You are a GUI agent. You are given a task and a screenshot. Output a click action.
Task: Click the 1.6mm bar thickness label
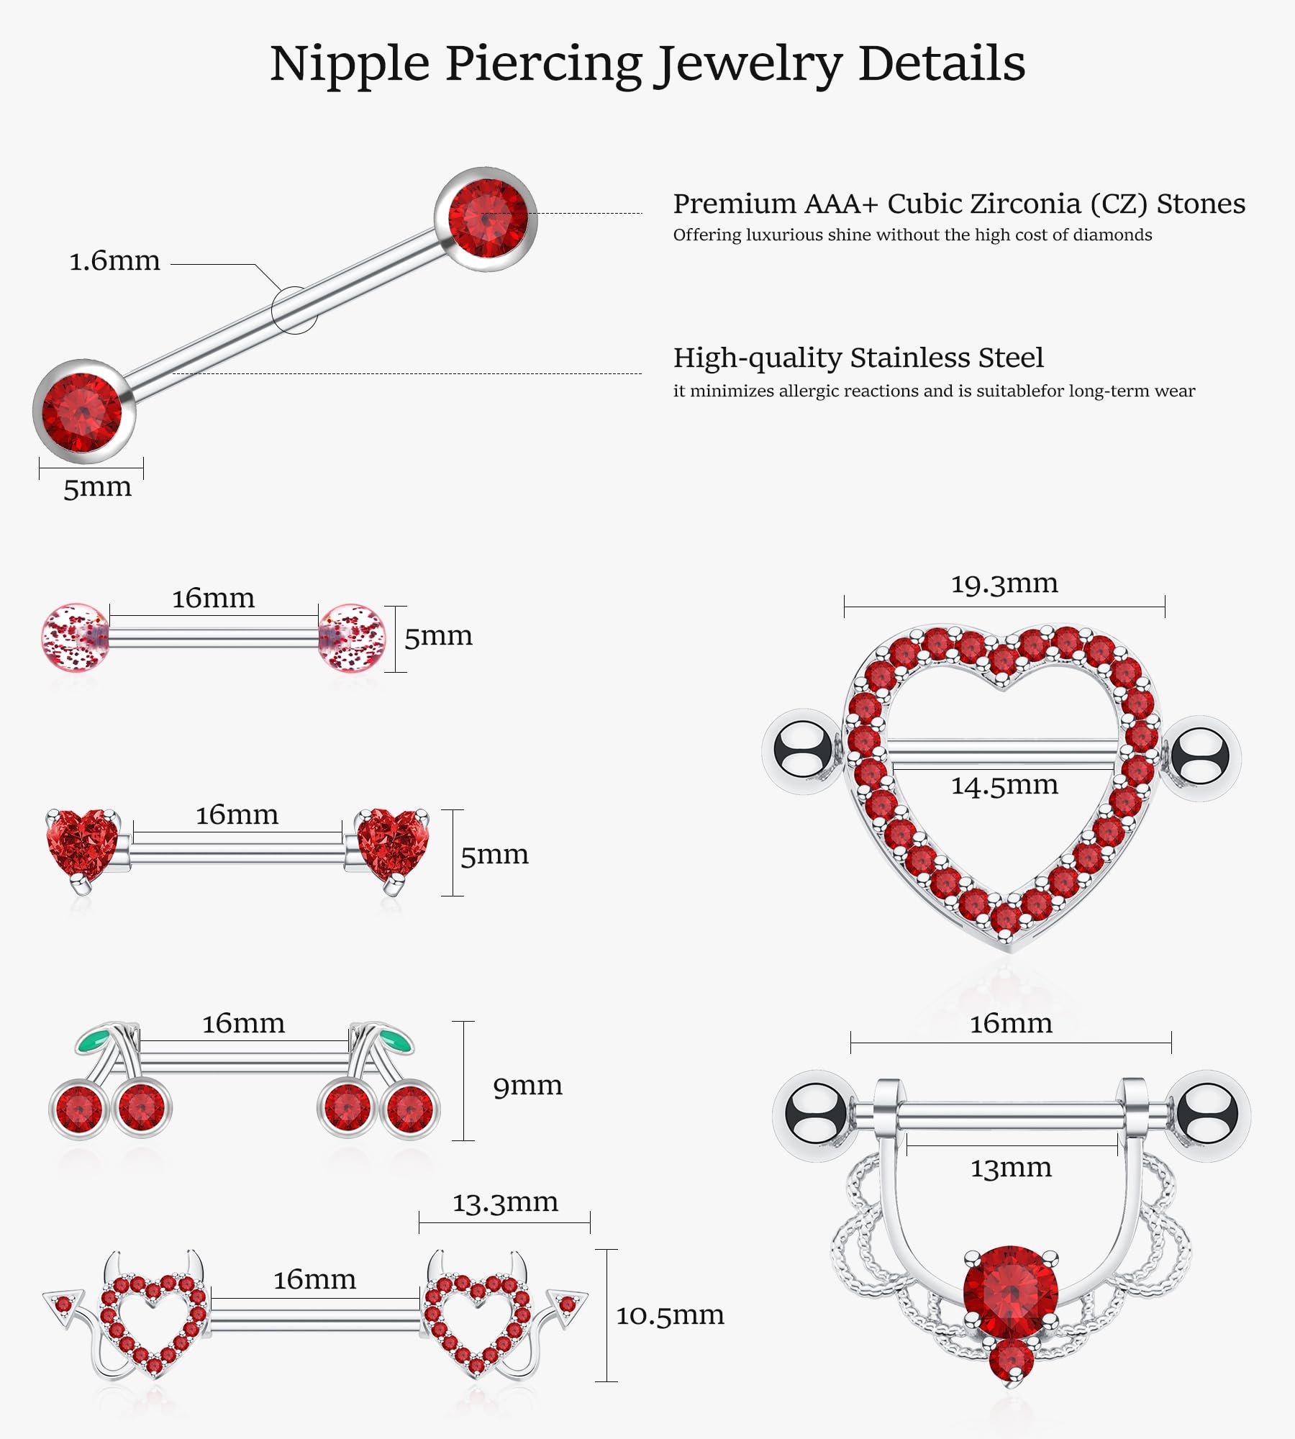coord(114,261)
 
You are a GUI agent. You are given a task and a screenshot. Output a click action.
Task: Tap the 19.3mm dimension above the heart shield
coord(1004,584)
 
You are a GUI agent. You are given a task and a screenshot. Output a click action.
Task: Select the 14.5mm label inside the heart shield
coord(1004,785)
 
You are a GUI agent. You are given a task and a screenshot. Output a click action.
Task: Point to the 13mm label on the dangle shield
coord(1011,1168)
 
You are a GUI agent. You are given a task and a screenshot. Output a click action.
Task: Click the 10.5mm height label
coord(670,1315)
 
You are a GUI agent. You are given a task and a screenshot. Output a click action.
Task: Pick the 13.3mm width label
coord(505,1202)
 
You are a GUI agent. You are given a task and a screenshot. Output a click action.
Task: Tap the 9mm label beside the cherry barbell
coord(527,1086)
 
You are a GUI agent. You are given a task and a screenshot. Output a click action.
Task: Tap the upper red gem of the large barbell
coord(488,218)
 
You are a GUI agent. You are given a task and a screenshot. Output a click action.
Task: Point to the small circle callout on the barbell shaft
coord(294,310)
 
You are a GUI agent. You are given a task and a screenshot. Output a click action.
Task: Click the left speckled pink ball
coord(75,637)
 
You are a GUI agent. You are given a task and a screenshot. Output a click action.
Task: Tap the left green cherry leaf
coord(94,1039)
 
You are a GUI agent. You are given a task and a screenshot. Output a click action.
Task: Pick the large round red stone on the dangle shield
coord(1011,1292)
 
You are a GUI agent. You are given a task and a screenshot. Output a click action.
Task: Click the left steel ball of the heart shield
coord(799,750)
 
